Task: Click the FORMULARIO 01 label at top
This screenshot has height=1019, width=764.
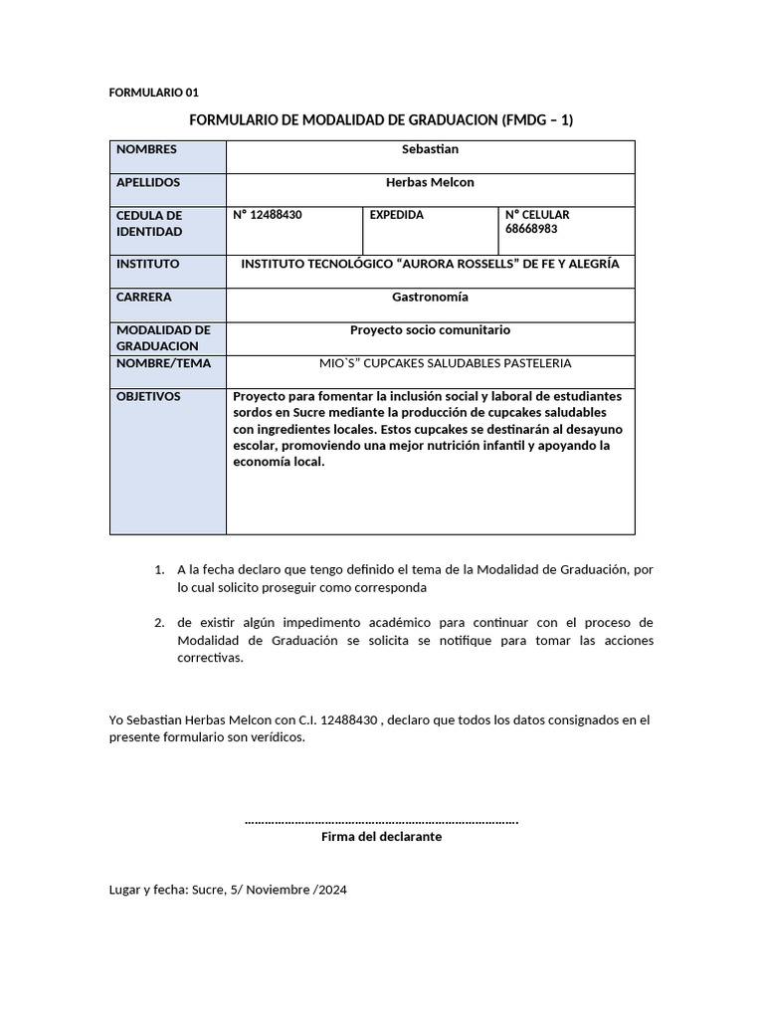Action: [153, 93]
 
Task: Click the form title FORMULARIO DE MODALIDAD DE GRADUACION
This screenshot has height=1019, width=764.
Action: [381, 120]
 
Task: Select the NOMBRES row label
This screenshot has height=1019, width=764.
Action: [146, 149]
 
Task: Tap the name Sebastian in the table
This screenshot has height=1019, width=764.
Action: [430, 149]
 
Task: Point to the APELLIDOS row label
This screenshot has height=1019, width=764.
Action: [148, 182]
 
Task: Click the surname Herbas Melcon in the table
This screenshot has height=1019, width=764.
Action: [430, 182]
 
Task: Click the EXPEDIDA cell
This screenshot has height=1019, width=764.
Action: [396, 215]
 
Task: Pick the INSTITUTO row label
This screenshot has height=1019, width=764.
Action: [147, 264]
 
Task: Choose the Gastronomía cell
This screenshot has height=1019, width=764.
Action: [430, 297]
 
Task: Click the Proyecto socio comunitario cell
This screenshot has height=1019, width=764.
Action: [430, 329]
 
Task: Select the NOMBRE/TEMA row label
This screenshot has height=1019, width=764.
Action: [164, 363]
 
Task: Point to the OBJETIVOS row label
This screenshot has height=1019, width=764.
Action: [148, 396]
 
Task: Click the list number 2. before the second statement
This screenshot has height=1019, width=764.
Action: [159, 623]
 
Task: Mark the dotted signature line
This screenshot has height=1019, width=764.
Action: [381, 821]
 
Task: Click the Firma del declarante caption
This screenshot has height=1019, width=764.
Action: [381, 837]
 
